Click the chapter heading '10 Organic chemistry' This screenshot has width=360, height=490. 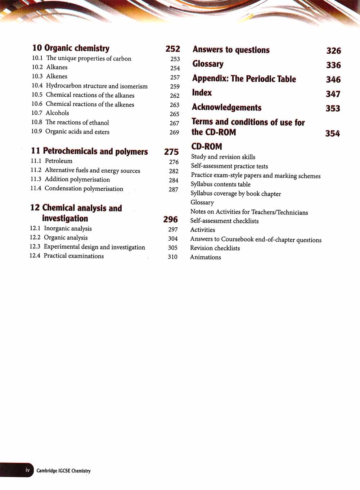click(71, 48)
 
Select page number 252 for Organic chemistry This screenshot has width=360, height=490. click(172, 49)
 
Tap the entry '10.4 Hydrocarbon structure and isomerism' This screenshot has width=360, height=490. click(90, 86)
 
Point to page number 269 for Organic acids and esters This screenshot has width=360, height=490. click(174, 132)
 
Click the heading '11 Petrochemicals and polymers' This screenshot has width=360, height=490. click(89, 151)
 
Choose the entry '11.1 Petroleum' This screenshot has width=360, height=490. click(51, 161)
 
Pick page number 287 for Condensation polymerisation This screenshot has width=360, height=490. click(173, 189)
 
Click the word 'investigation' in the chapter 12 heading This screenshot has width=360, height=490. click(65, 218)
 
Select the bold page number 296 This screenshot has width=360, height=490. click(170, 219)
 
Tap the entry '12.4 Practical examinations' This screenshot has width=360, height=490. click(67, 256)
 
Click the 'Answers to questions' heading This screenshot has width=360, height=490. click(231, 50)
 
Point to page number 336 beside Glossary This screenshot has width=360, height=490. click(333, 65)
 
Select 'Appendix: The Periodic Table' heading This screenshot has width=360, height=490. click(244, 79)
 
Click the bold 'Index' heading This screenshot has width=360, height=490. click(202, 93)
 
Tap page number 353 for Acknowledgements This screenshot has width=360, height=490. click(333, 108)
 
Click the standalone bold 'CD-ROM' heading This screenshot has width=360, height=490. click(207, 146)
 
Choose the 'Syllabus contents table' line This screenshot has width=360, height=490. click(220, 184)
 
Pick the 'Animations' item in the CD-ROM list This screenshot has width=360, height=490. click(206, 257)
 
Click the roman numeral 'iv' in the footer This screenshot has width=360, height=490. click(27, 470)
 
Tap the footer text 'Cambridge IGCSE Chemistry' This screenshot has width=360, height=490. click(63, 471)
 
